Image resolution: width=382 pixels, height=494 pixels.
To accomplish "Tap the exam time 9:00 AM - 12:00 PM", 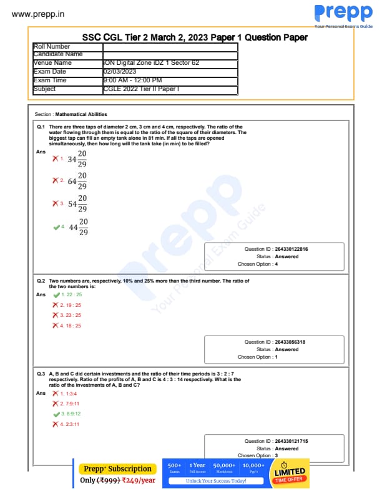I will (x=132, y=80).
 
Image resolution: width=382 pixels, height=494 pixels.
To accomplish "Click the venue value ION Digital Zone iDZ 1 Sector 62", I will (x=150, y=63).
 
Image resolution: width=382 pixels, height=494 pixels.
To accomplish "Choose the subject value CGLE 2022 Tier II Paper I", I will (x=140, y=89).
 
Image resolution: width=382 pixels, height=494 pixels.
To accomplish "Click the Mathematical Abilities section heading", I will (x=81, y=115).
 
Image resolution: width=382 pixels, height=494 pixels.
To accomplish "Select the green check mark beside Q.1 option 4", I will (x=56, y=228).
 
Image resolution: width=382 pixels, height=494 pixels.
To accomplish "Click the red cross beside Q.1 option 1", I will (x=56, y=158).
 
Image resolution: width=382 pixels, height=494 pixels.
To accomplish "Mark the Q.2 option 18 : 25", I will (x=71, y=326).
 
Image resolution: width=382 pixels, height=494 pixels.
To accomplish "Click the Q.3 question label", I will (x=41, y=373).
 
